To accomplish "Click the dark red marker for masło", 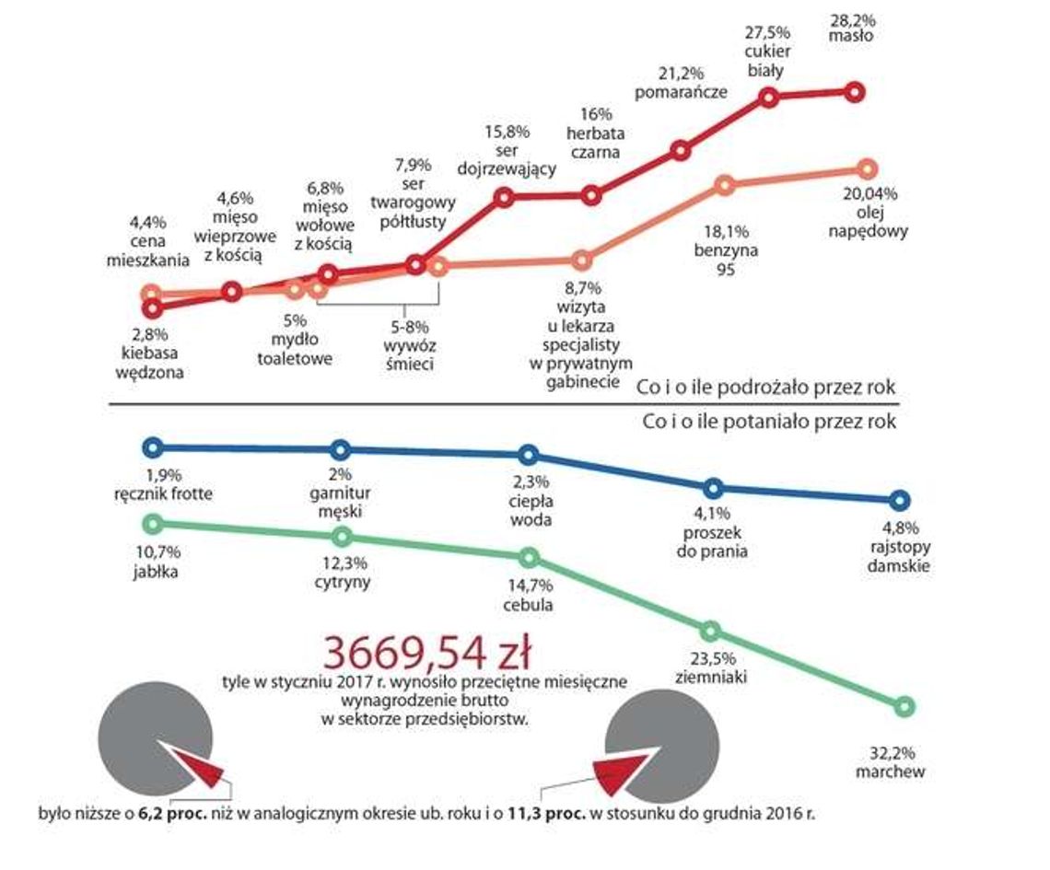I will [854, 91].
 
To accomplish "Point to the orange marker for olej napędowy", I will [866, 168].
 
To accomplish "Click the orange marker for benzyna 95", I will [725, 186].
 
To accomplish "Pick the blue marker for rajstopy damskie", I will [901, 500].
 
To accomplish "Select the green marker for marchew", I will [904, 707].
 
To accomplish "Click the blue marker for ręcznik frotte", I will [154, 447].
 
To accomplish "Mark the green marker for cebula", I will [529, 557].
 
